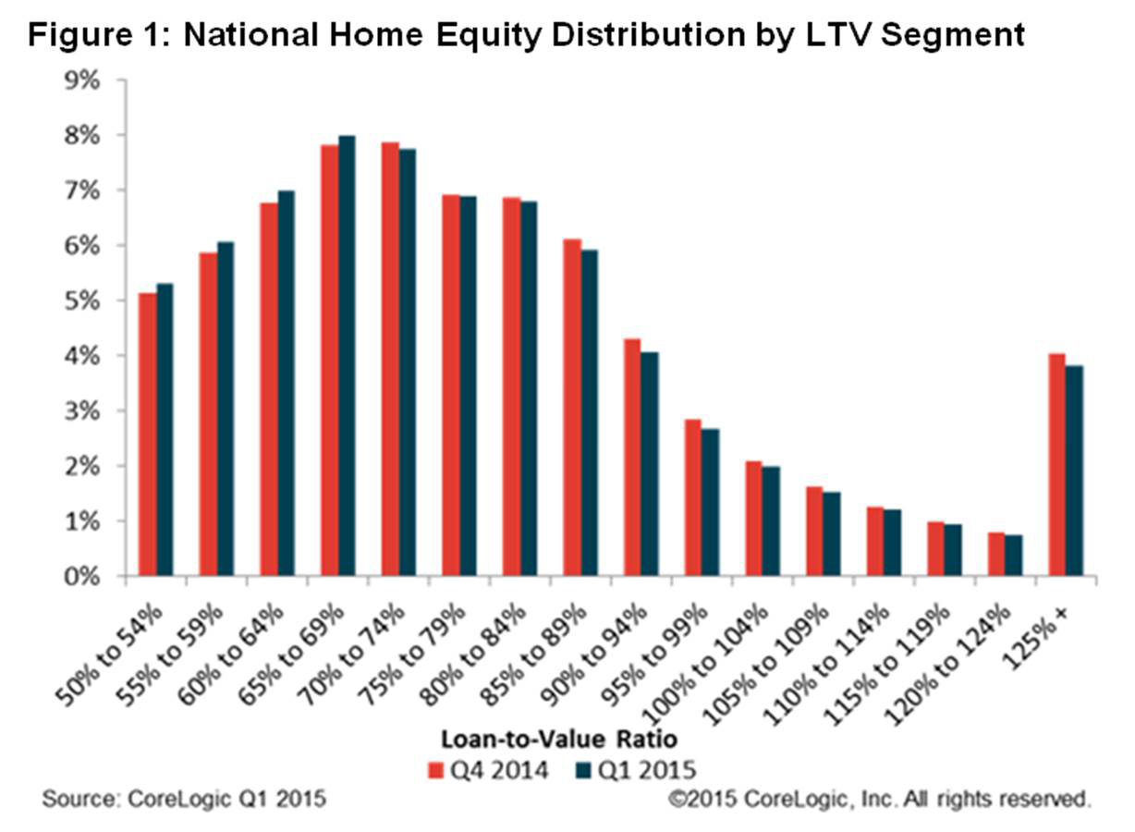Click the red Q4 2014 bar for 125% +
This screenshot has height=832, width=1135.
pyautogui.click(x=1057, y=465)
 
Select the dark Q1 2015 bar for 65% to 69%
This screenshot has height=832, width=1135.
pyautogui.click(x=347, y=356)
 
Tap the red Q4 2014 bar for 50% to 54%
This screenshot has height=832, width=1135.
pyautogui.click(x=148, y=434)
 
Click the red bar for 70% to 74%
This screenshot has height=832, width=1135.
pyautogui.click(x=390, y=360)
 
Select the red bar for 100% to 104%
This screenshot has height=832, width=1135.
pyautogui.click(x=754, y=519)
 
